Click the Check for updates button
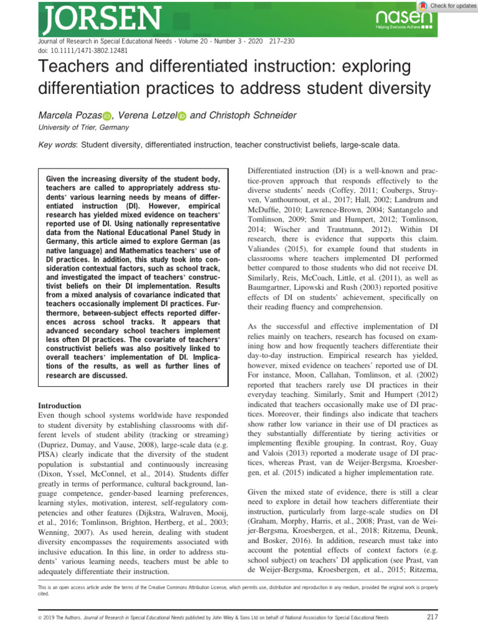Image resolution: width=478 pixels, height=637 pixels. coord(446,6)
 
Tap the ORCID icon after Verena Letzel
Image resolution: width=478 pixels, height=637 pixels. coord(182,116)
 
